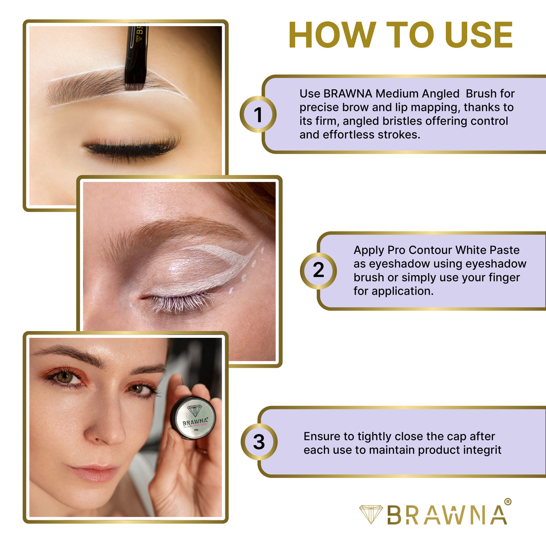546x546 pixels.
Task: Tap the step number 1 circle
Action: (258, 114)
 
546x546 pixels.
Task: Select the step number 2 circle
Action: (318, 270)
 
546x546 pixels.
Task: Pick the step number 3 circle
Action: (259, 442)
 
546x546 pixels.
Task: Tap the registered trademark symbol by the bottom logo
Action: (508, 502)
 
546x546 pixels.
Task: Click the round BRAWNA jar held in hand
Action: (193, 417)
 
